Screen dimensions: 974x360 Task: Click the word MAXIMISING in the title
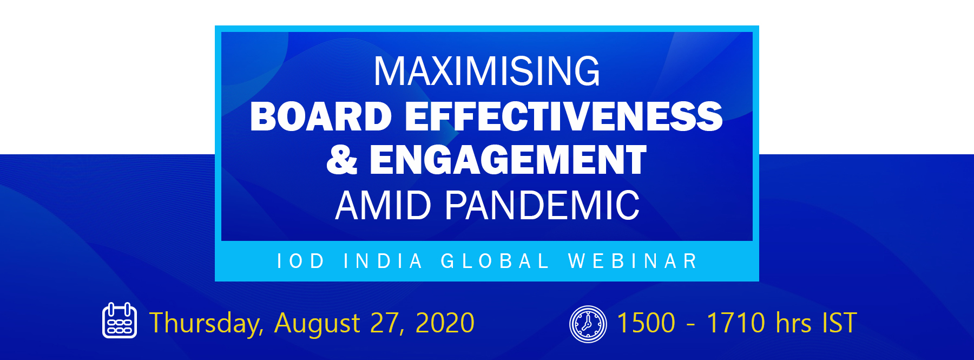[487, 71]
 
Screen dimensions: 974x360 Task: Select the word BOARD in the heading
[321, 116]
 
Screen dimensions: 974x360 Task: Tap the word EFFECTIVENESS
[564, 116]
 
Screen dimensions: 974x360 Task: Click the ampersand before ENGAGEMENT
[342, 160]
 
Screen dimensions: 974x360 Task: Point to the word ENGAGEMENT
[508, 160]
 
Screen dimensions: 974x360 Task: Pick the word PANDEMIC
[542, 206]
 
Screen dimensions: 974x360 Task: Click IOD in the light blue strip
[300, 261]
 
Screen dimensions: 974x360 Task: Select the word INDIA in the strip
[383, 261]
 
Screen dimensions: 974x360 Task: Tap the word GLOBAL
[495, 261]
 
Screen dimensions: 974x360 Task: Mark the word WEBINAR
[633, 261]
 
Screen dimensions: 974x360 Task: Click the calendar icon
[120, 320]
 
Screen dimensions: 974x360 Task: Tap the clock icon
[588, 324]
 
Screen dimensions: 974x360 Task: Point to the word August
[318, 324]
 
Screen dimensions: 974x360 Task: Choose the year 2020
[445, 323]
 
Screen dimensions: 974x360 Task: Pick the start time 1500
[646, 323]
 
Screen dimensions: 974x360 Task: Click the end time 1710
[736, 323]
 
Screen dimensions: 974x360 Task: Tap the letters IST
[839, 323]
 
